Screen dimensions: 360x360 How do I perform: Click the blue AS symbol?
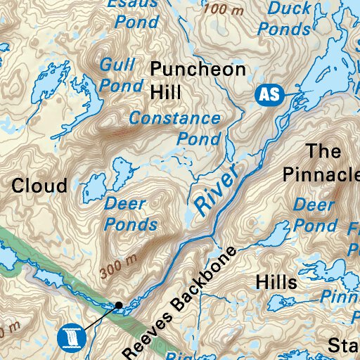(268, 95)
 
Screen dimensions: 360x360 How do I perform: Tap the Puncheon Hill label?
(198, 80)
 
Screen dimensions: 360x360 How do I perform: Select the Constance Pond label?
(176, 128)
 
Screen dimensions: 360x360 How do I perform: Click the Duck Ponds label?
(285, 19)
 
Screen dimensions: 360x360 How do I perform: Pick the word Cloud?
(40, 186)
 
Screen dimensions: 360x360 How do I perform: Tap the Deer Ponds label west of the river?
(130, 214)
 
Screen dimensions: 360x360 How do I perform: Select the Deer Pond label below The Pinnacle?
(314, 215)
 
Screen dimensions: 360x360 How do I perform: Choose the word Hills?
(276, 282)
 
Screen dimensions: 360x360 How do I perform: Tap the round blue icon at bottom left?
(70, 337)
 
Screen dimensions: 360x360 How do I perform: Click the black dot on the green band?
(119, 304)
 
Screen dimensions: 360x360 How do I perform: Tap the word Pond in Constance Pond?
(199, 139)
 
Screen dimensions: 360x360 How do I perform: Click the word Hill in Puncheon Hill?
(165, 91)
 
